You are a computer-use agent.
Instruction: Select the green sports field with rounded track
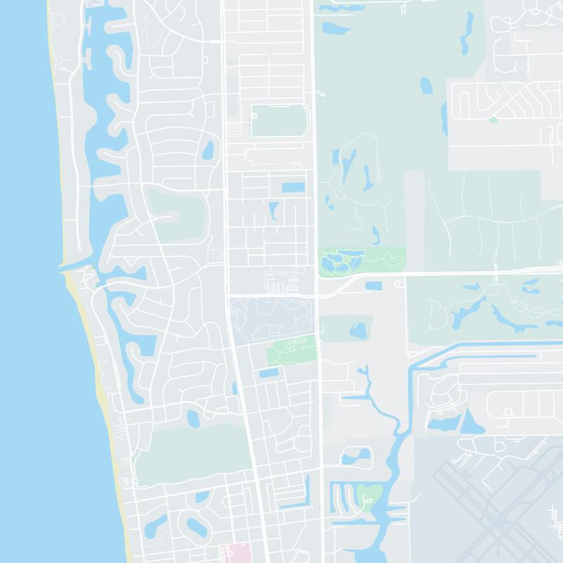(x=279, y=121)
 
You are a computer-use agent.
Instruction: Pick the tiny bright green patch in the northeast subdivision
(x=493, y=120)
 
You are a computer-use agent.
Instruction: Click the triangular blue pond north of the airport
(x=469, y=422)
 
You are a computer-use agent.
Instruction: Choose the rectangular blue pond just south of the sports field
(x=293, y=188)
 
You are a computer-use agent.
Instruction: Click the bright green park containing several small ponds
(x=359, y=260)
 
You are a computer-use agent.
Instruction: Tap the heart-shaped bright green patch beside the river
(x=369, y=495)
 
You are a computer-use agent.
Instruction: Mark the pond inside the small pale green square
(x=359, y=329)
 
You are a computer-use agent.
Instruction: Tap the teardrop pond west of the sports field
(x=208, y=151)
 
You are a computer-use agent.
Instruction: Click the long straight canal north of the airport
(x=493, y=344)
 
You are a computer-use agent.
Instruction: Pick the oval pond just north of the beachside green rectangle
(x=193, y=419)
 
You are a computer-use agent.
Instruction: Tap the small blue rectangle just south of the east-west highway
(x=373, y=285)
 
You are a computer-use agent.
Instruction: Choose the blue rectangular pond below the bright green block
(x=269, y=373)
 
